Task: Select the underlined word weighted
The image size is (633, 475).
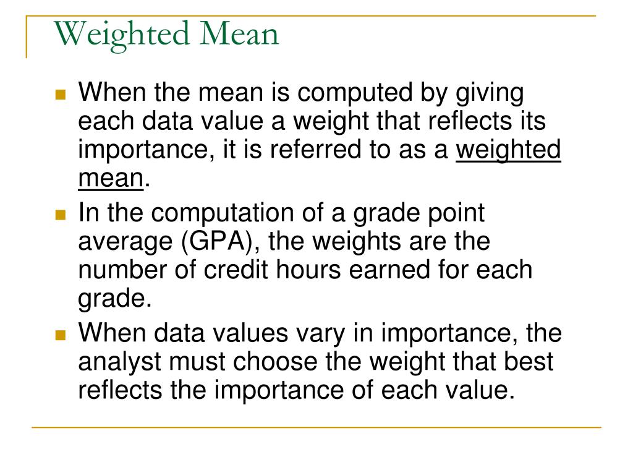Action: point(508,151)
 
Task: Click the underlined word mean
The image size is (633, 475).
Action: point(111,179)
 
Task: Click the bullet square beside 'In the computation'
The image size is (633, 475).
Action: point(60,215)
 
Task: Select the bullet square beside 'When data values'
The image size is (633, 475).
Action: point(60,335)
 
